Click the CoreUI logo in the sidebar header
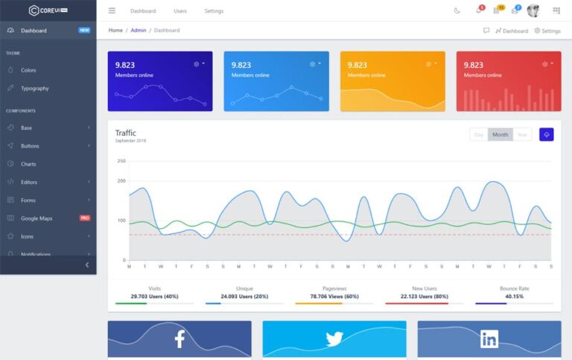click(x=48, y=10)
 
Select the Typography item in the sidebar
click(x=34, y=88)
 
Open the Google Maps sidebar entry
click(x=36, y=218)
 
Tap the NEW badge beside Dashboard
click(x=84, y=31)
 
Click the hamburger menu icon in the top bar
click(x=112, y=11)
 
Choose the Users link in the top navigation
click(x=180, y=11)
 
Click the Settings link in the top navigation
click(x=214, y=11)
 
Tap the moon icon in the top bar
click(x=457, y=11)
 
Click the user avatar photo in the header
click(x=533, y=10)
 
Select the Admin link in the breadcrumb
click(x=139, y=31)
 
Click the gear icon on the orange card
click(x=429, y=64)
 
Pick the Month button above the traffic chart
click(x=500, y=135)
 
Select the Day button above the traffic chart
click(x=479, y=135)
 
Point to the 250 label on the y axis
click(x=121, y=161)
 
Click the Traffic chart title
click(x=126, y=133)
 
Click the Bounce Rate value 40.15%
click(x=514, y=296)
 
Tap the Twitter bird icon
click(x=334, y=339)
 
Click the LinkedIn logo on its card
click(x=489, y=339)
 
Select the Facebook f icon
click(x=179, y=340)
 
